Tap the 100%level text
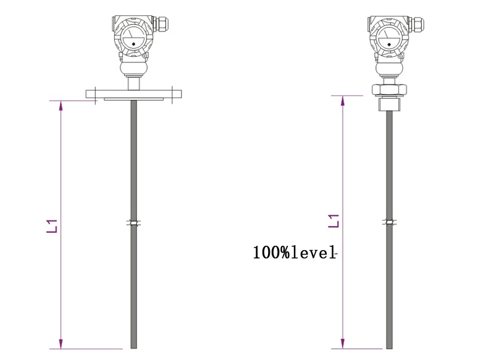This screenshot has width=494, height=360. coord(294,252)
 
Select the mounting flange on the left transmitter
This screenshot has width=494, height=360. coord(134,94)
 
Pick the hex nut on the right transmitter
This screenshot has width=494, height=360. coord(389,89)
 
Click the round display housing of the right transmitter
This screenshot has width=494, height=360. coord(388,38)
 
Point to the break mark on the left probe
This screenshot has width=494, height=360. coord(134,222)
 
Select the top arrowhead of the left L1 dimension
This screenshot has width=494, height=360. coord(61,106)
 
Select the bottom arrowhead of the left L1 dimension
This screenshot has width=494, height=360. coord(61,343)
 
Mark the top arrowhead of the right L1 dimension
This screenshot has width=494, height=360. coord(341,101)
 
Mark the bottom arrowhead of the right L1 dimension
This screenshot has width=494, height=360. coord(341,343)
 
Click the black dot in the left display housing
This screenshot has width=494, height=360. coord(133,43)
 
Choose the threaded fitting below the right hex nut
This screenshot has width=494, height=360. coord(389,103)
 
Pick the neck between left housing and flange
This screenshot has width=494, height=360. coord(133,82)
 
